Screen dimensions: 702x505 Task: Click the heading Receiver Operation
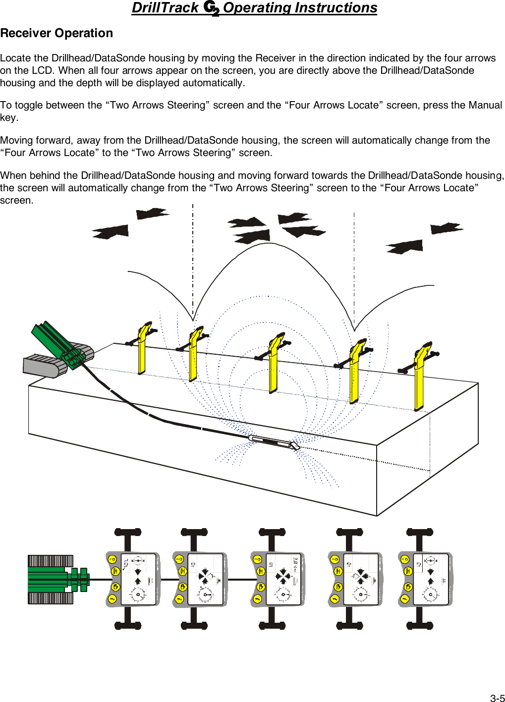[x=56, y=33]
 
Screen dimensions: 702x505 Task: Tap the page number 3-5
[x=497, y=698]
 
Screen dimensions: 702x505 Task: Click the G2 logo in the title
[x=212, y=8]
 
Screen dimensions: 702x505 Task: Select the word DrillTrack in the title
[x=165, y=8]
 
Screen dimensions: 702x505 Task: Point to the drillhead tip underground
[x=295, y=445]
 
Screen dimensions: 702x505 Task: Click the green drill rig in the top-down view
[x=57, y=580]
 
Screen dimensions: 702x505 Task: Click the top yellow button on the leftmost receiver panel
[x=112, y=559]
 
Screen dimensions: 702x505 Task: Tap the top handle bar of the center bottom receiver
[x=272, y=533]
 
